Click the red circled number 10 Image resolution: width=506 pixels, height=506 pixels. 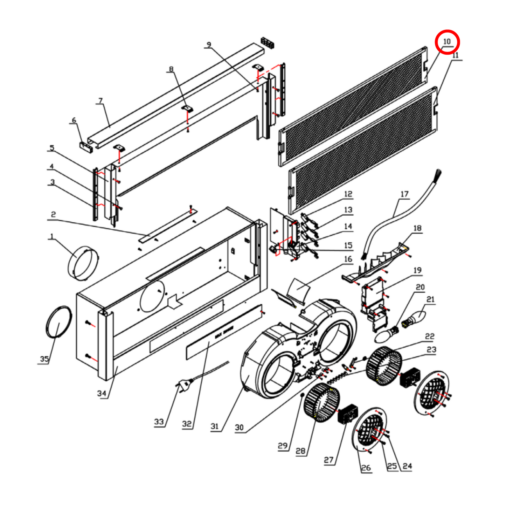[447, 42]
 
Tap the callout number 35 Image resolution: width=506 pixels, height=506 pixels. [44, 359]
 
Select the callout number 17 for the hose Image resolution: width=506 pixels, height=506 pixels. [404, 194]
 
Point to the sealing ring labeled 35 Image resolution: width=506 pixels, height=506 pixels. [58, 321]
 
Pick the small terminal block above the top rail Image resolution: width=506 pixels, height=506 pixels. [268, 42]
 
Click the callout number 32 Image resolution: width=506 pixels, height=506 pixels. [187, 424]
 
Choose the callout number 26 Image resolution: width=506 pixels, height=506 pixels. [366, 467]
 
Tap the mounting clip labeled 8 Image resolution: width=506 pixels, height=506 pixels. [188, 108]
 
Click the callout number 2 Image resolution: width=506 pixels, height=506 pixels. [53, 214]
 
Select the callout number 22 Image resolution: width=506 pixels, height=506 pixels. [430, 337]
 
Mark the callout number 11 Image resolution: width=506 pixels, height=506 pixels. [455, 55]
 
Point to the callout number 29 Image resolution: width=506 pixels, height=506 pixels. [283, 446]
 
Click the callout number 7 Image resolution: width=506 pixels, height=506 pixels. [100, 101]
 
